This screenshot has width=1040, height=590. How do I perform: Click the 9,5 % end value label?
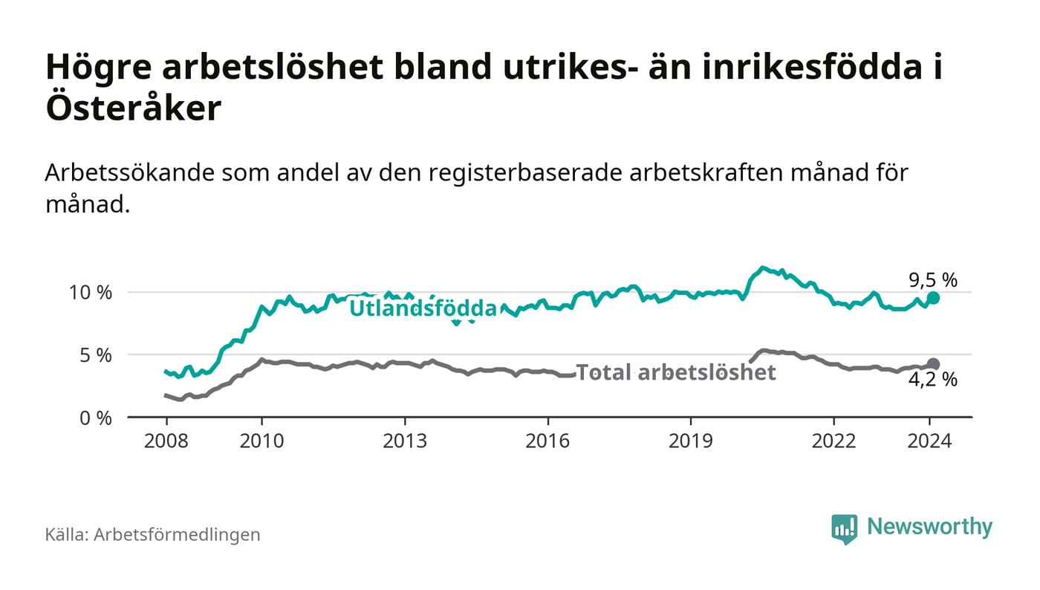point(933,280)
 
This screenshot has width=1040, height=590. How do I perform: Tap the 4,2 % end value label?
point(933,380)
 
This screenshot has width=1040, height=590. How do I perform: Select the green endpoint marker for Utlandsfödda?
point(934,297)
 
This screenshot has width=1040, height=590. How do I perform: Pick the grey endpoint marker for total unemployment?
point(934,364)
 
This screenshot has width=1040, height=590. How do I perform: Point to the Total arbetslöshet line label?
point(676,372)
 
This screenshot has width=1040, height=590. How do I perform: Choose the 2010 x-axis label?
point(261,441)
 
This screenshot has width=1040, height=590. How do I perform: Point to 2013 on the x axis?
point(405,441)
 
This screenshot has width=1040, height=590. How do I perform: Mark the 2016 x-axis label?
point(547,441)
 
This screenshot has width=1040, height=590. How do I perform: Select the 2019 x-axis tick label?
point(691,441)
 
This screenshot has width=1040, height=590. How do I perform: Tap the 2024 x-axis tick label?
point(929,441)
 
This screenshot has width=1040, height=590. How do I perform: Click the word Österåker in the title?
point(134,108)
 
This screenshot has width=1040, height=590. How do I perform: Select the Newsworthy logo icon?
point(844,528)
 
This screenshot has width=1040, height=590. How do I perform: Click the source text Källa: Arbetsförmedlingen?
point(152,534)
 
